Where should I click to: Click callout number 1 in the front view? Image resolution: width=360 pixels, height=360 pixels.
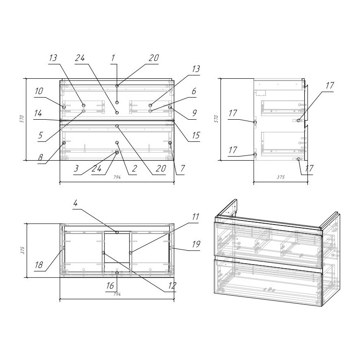point(113,58)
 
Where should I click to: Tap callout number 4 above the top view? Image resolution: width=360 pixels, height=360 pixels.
point(76,203)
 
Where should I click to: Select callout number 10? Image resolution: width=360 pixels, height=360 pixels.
point(39,91)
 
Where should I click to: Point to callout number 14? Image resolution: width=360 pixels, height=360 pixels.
point(38,113)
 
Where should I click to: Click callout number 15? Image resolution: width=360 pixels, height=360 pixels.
point(196,135)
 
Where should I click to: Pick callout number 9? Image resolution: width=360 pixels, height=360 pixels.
point(194,113)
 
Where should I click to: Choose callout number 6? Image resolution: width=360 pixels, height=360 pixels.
point(194,91)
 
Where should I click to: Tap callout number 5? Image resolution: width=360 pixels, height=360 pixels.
point(40,135)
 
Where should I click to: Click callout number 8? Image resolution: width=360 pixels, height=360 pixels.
point(40,157)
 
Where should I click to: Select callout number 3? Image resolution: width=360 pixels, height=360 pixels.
point(76,168)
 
